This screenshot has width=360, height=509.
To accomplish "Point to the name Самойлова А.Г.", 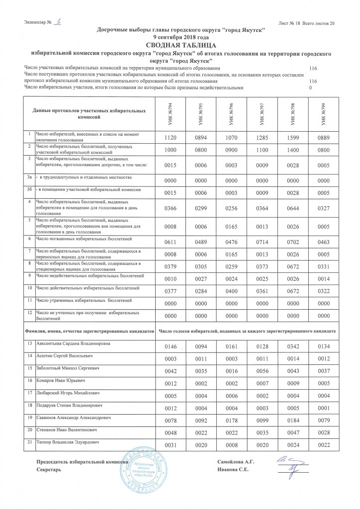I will [x=236, y=462].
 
